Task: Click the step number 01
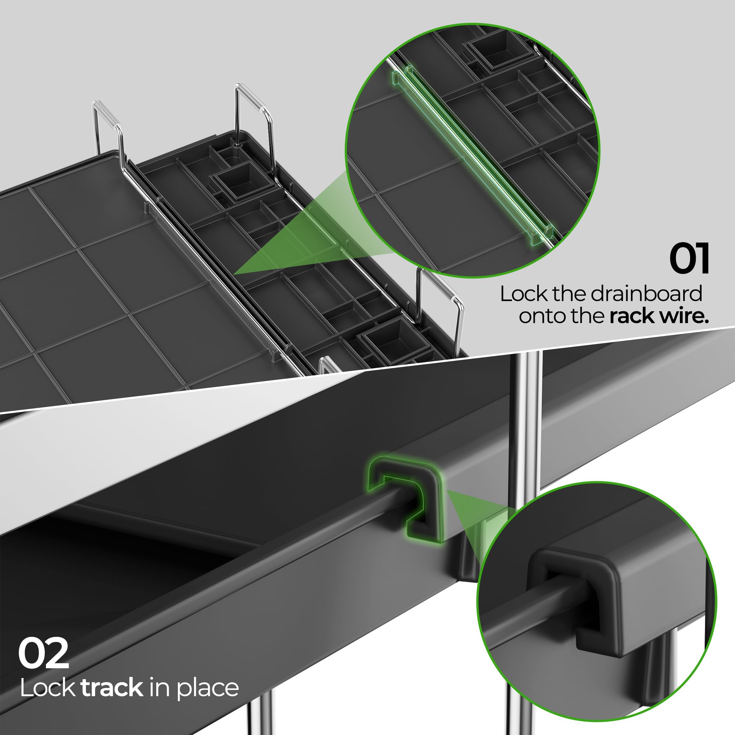[689, 259]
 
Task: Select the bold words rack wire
[659, 316]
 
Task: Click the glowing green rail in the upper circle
[472, 152]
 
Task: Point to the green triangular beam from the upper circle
[289, 244]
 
